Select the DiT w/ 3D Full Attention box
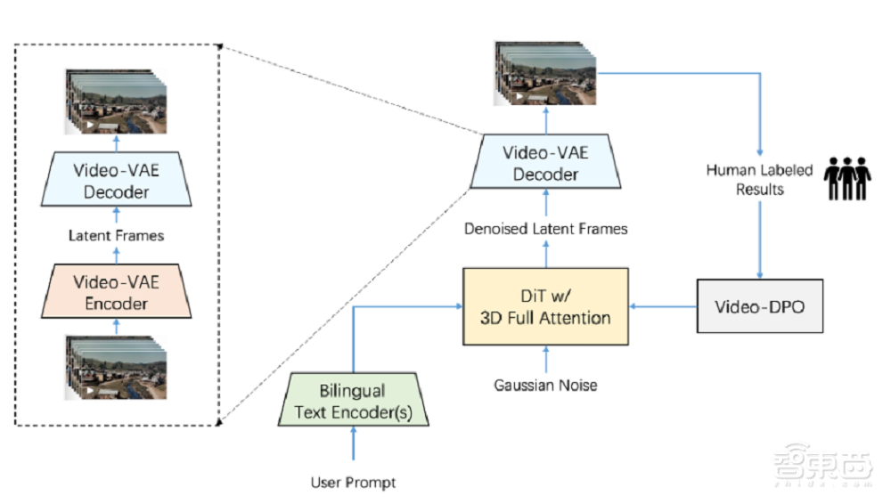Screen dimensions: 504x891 (x=545, y=306)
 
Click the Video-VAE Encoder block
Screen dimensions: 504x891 (x=117, y=292)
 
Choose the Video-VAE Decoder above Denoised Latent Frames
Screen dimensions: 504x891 (x=545, y=163)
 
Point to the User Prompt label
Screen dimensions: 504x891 (x=353, y=483)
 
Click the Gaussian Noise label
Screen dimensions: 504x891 (x=545, y=386)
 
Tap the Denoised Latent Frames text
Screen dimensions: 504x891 (x=545, y=229)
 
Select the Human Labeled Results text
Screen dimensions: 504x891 (x=759, y=179)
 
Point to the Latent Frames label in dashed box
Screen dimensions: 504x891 (x=117, y=235)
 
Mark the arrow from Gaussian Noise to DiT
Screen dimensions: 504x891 (x=545, y=358)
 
